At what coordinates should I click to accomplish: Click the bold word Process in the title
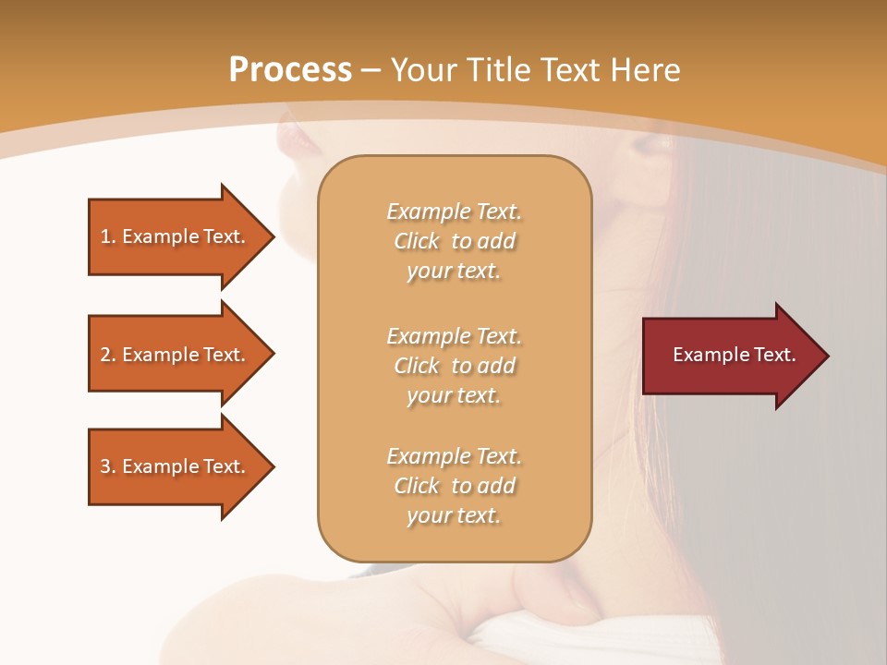290,70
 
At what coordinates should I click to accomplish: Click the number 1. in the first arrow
108,236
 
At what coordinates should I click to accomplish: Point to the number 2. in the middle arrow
108,355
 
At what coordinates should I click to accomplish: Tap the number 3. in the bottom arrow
108,466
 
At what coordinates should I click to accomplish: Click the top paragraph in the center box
454,241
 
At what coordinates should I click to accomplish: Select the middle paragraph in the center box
454,366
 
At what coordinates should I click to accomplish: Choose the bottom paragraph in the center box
454,486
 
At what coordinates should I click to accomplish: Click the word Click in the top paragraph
417,241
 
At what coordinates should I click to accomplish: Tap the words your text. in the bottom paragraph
454,515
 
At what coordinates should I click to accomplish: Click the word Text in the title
570,70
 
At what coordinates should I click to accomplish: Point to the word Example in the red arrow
707,355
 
